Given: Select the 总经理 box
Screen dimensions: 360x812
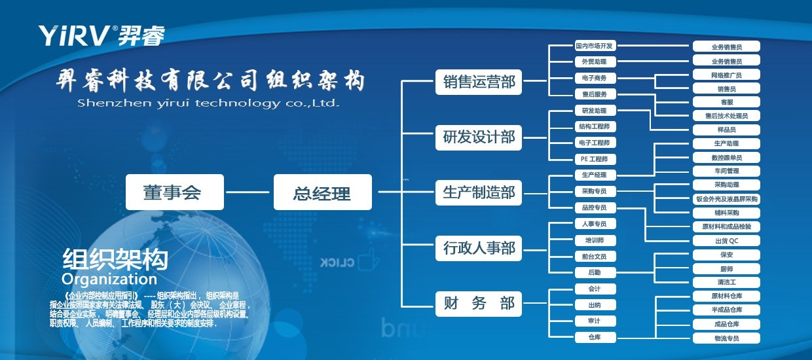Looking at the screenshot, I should click(x=322, y=192).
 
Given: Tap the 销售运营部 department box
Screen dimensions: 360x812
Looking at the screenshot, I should click(x=479, y=82).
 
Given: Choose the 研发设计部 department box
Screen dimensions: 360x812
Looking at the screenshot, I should click(x=479, y=137).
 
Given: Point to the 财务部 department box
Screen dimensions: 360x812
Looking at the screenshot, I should click(x=479, y=304).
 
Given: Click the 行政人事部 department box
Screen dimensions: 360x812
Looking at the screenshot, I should click(x=479, y=249).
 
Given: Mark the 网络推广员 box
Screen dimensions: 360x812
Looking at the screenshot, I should click(x=726, y=75).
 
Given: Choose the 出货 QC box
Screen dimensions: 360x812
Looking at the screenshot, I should click(x=726, y=240).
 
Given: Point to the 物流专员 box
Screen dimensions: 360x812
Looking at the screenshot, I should click(x=726, y=338).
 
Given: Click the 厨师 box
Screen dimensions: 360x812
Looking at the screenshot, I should click(x=726, y=269).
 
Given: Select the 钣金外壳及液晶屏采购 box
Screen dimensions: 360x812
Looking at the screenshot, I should click(x=726, y=199).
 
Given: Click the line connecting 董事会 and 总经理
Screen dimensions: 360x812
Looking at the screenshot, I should click(x=248, y=192).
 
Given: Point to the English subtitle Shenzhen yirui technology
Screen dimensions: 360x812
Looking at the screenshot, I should click(x=208, y=103).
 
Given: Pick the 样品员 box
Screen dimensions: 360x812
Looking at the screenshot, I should click(x=726, y=130).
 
